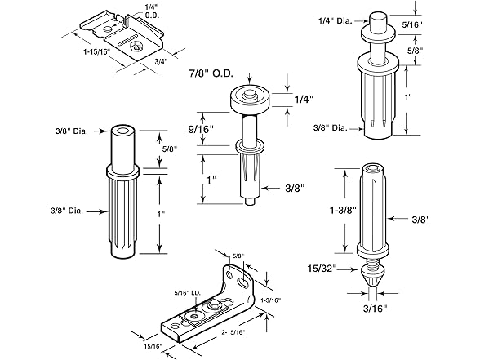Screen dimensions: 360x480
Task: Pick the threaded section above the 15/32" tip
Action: pyautogui.click(x=373, y=263)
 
